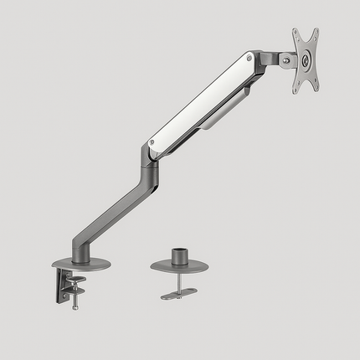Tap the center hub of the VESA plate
coord(306,59)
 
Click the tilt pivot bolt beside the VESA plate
coord(286,60)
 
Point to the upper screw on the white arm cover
coord(249,58)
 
